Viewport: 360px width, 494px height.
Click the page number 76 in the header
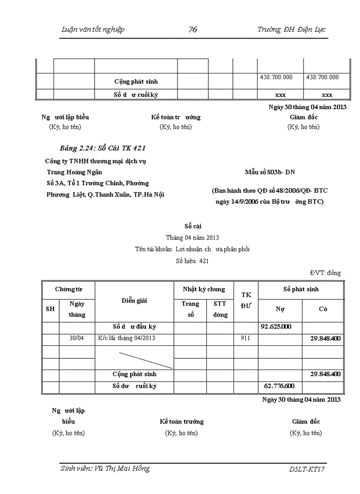coord(193,29)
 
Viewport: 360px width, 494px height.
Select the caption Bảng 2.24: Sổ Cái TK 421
coord(105,148)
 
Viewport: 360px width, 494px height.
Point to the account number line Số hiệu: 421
coord(192,261)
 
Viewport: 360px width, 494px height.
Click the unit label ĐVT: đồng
coord(325,273)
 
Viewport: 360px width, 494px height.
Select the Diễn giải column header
coord(134,301)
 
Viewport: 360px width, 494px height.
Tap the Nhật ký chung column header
coord(204,289)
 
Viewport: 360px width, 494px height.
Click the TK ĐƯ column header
coord(246,300)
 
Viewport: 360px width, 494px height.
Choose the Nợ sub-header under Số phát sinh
coord(280,309)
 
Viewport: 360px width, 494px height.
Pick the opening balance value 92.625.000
coord(276,327)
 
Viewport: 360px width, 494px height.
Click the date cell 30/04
coord(76,338)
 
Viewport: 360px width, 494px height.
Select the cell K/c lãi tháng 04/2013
coord(126,338)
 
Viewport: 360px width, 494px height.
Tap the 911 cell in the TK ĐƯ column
coord(246,338)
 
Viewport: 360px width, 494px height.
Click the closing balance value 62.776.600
coord(279,386)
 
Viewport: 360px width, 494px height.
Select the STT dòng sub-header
coord(220,309)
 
